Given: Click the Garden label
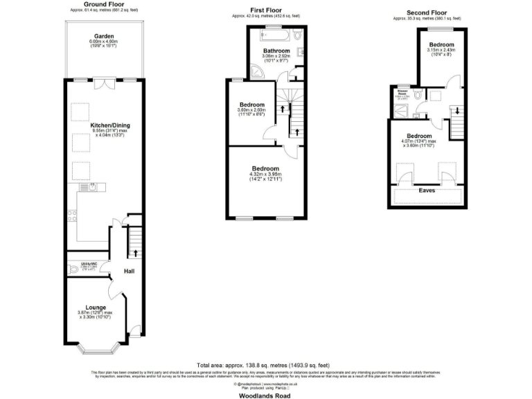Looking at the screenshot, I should (x=104, y=36).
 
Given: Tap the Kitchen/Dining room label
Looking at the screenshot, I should (x=110, y=125).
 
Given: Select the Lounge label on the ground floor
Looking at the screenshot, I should (x=96, y=306).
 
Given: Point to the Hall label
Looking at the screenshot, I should (x=129, y=272).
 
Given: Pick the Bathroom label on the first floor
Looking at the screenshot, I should (x=276, y=51).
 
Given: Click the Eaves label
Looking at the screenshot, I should (x=427, y=188).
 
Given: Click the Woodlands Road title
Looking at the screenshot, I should (x=267, y=396).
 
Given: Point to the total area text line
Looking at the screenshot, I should (x=267, y=364).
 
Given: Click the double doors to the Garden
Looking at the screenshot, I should (x=105, y=83).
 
